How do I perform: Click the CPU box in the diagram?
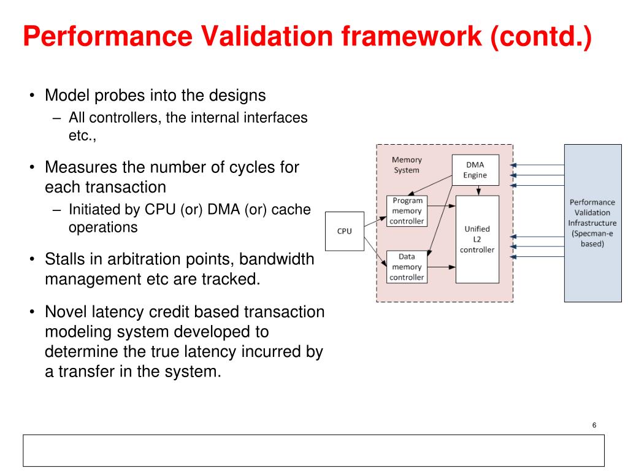point(344,231)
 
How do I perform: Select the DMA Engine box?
point(475,170)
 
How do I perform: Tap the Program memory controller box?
point(407,210)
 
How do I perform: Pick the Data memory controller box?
point(407,267)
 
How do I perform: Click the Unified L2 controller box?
point(477,239)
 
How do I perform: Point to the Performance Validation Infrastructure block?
point(592,223)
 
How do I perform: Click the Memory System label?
point(407,165)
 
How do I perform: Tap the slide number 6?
point(594,426)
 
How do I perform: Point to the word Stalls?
point(64,259)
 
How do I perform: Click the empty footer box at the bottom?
point(313,451)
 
